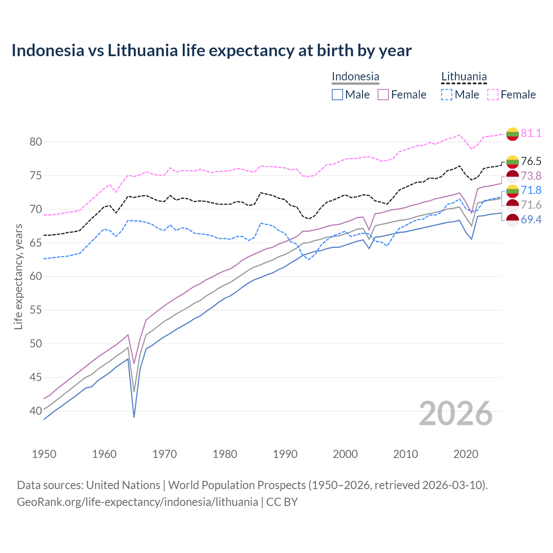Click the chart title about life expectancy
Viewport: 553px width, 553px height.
211,51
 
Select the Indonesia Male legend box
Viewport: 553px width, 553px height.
337,95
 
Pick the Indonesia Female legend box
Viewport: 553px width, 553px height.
384,95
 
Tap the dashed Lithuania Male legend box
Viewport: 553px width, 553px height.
447,95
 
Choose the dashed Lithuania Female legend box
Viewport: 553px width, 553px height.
493,95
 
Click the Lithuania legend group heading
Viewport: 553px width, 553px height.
464,77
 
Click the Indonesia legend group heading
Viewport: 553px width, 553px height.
355,77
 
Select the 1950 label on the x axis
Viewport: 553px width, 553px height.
44,454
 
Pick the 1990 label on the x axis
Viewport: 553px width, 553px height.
285,454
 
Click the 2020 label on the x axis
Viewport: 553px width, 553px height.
466,454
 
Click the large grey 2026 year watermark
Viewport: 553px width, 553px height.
455,413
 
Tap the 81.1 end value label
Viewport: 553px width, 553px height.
531,133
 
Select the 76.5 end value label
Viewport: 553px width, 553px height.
531,161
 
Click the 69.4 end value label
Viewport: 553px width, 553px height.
531,220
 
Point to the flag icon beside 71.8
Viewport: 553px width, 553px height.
512,191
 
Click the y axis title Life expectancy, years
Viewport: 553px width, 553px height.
18,276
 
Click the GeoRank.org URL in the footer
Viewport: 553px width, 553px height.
137,502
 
